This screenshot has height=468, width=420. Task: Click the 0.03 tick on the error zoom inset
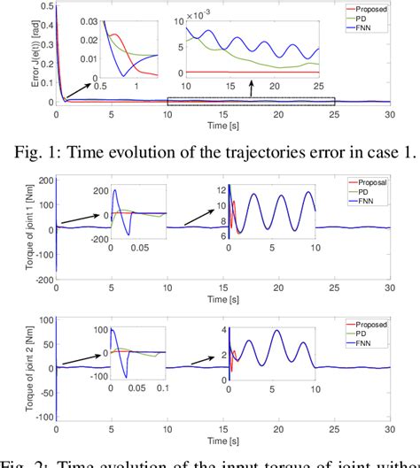point(89,19)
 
